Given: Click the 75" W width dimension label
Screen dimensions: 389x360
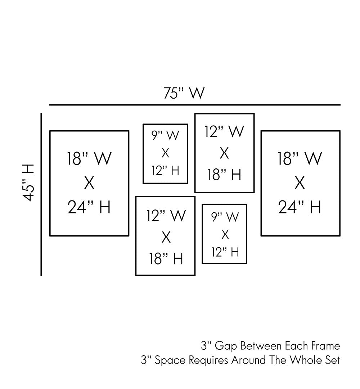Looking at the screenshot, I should [x=184, y=93].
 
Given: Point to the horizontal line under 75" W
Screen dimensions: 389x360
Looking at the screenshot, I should [x=194, y=105].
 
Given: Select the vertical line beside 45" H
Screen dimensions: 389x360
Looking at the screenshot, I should [x=41, y=194].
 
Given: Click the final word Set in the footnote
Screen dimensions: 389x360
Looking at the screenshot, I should [x=333, y=360].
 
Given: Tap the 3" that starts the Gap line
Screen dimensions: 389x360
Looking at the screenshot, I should [x=206, y=346].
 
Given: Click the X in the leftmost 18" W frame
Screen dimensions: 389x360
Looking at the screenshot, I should [x=89, y=184].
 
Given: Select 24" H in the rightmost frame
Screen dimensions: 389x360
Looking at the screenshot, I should [x=300, y=207].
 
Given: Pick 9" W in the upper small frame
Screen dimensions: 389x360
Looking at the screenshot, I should [x=165, y=136].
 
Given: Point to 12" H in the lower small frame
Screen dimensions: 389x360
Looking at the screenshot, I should [x=225, y=252].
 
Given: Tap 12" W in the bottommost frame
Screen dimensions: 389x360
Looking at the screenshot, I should [x=166, y=215].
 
